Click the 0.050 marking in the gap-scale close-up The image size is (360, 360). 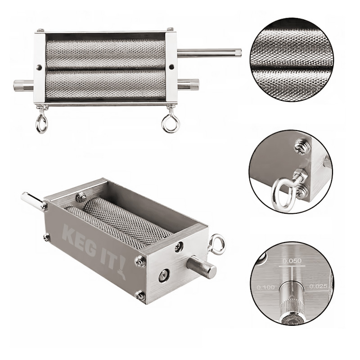coord(292,261)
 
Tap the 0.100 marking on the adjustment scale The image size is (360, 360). coord(265,287)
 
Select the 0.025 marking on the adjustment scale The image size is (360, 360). coord(318,286)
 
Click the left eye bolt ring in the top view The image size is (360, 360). coord(41,123)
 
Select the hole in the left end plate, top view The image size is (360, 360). coord(40,67)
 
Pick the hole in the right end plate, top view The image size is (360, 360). coord(171,67)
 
